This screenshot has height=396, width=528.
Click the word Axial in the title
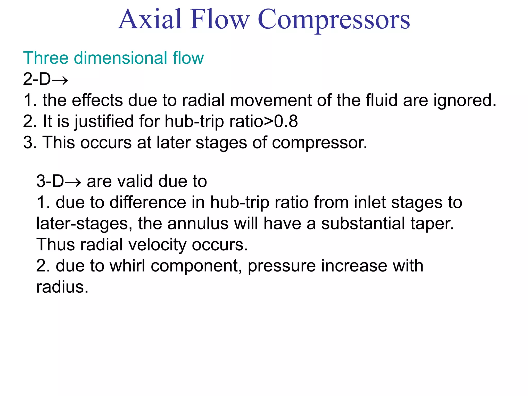(x=151, y=19)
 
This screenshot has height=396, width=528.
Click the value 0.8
(x=286, y=121)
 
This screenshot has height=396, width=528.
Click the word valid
(x=135, y=181)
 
